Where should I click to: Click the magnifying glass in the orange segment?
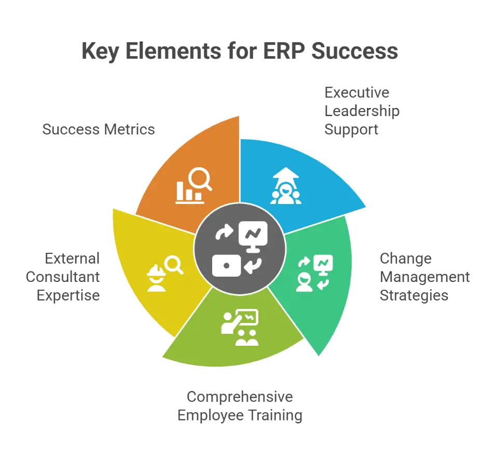pos(200,180)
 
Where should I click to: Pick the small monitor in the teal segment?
pos(326,263)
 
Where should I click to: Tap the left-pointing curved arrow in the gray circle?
pos(254,266)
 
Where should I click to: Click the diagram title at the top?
pos(239,53)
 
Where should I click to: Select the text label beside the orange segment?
pos(99,129)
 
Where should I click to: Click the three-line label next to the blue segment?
pos(363,111)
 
